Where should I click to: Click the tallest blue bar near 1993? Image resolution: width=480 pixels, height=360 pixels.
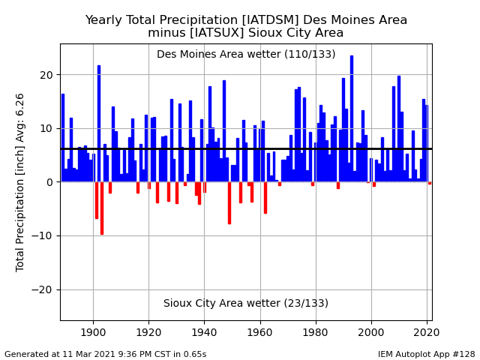tap(352, 118)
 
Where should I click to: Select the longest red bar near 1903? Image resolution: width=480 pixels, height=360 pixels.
tap(102, 208)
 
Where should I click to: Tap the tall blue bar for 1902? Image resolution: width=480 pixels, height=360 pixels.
tap(99, 124)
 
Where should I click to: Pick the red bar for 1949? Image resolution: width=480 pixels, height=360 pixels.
tap(229, 203)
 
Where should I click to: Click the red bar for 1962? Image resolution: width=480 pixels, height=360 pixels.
tap(265, 198)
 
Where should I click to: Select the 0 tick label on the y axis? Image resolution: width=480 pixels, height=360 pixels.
tap(49, 182)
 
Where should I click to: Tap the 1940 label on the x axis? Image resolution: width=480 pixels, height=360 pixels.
tap(204, 332)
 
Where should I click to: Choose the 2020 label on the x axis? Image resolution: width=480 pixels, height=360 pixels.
tap(427, 332)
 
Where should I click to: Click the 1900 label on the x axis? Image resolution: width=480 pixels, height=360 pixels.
tap(93, 332)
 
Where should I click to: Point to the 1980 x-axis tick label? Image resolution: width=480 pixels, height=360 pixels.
tap(315, 332)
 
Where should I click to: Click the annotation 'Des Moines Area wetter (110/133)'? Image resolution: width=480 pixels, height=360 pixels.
tap(246, 54)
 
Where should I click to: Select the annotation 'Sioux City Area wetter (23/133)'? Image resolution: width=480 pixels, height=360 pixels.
tap(246, 303)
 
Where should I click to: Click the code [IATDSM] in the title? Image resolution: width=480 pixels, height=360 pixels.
tap(270, 20)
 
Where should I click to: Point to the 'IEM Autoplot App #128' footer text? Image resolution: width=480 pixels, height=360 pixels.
tap(427, 354)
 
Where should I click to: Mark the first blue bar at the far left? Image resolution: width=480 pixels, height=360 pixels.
tap(63, 138)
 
